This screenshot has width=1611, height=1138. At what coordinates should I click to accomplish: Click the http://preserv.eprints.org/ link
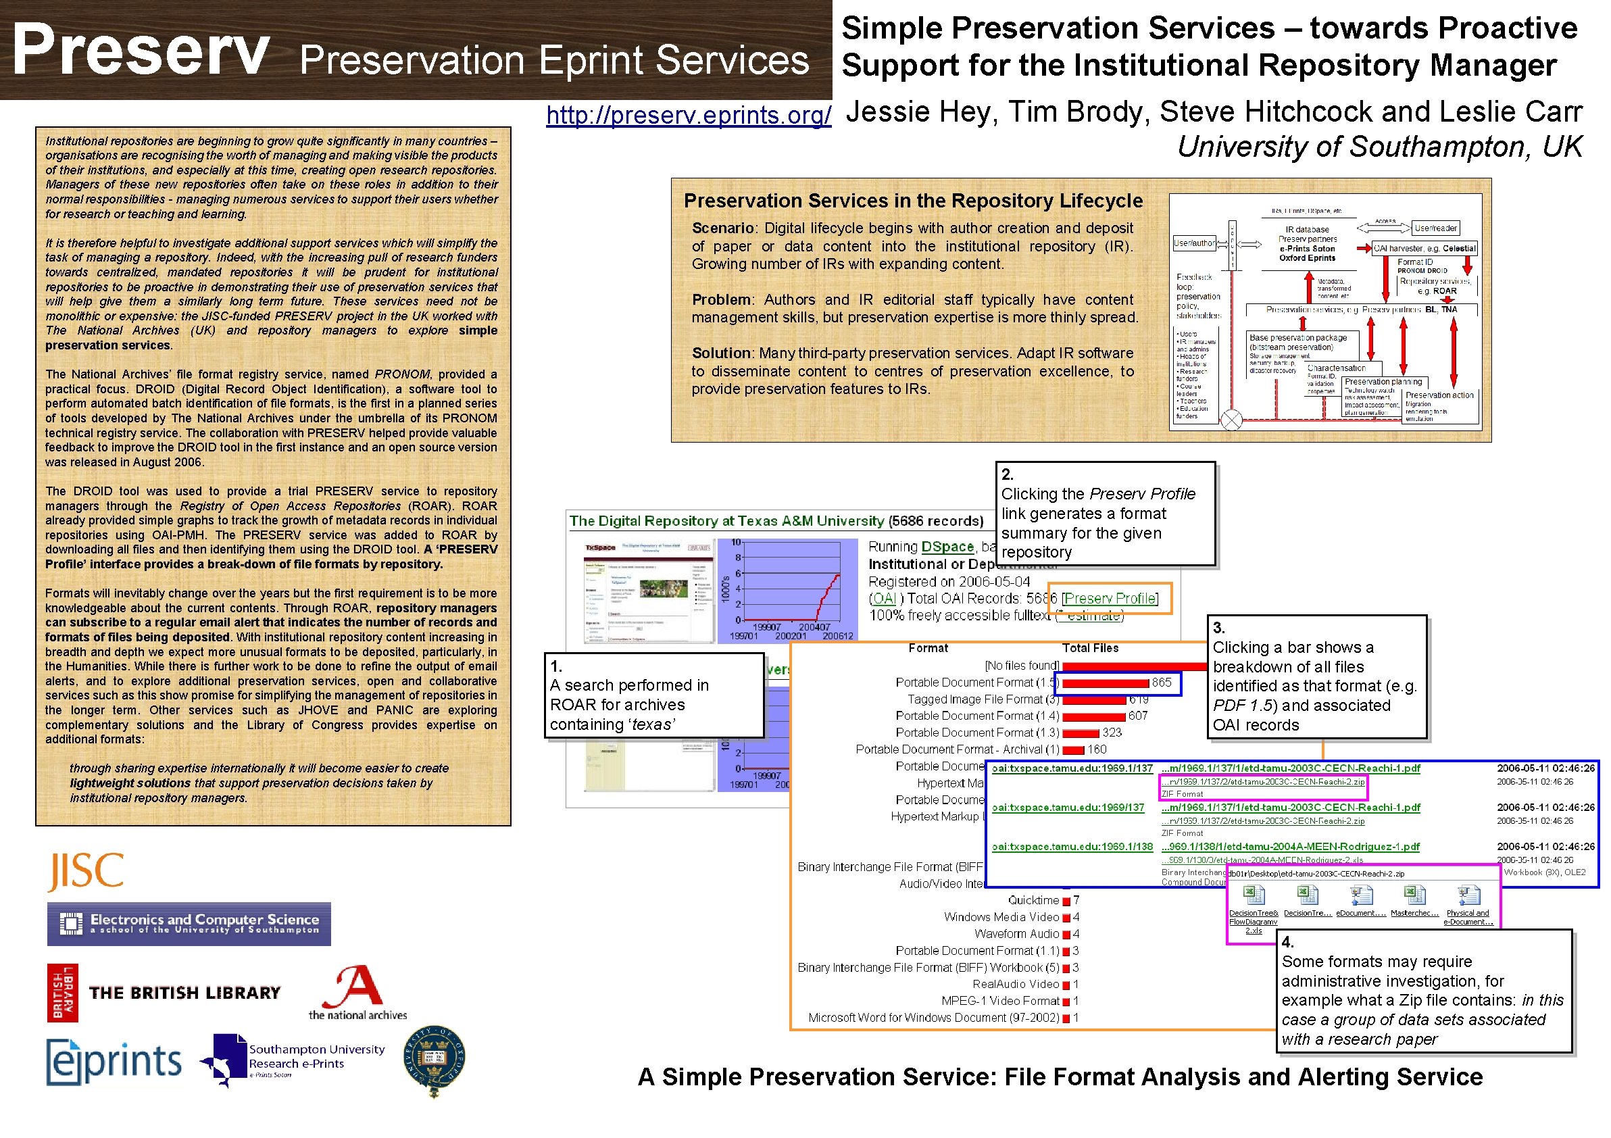point(689,115)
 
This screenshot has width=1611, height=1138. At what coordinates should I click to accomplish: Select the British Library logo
point(164,992)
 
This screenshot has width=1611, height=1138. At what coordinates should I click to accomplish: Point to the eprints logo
point(114,1062)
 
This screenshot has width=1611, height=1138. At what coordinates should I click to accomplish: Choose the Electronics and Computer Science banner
point(189,924)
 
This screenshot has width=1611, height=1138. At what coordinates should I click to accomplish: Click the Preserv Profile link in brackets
point(1110,599)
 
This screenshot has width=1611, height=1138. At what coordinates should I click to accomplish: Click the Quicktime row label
point(1033,900)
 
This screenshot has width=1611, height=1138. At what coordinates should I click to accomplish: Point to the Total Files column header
point(1090,648)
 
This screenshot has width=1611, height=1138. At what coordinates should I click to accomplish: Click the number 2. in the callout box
point(1007,474)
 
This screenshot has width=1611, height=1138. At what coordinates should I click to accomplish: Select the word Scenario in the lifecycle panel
point(722,228)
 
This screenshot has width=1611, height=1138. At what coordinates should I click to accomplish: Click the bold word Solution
point(720,353)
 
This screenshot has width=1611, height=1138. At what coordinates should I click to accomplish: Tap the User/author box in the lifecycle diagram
point(1194,243)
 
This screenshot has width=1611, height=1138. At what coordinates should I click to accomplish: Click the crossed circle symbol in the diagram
point(1231,420)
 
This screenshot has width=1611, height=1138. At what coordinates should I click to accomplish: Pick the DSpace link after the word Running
point(947,547)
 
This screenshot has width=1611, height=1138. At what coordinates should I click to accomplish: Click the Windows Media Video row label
point(1001,917)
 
